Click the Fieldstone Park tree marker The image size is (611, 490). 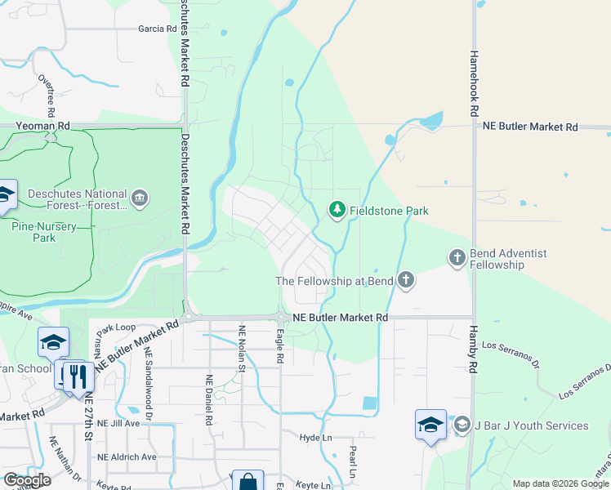[337, 211]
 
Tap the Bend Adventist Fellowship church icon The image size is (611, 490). [457, 258]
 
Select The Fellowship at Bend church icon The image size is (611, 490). [405, 281]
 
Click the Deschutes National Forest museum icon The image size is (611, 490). [140, 198]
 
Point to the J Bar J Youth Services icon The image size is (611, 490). [462, 425]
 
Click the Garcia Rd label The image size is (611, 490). [158, 29]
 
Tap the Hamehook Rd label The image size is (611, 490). [474, 82]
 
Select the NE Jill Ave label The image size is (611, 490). [119, 424]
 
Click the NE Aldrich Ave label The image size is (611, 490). [126, 457]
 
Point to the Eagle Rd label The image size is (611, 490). [279, 346]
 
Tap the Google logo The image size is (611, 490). [28, 480]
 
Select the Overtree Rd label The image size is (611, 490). [47, 94]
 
